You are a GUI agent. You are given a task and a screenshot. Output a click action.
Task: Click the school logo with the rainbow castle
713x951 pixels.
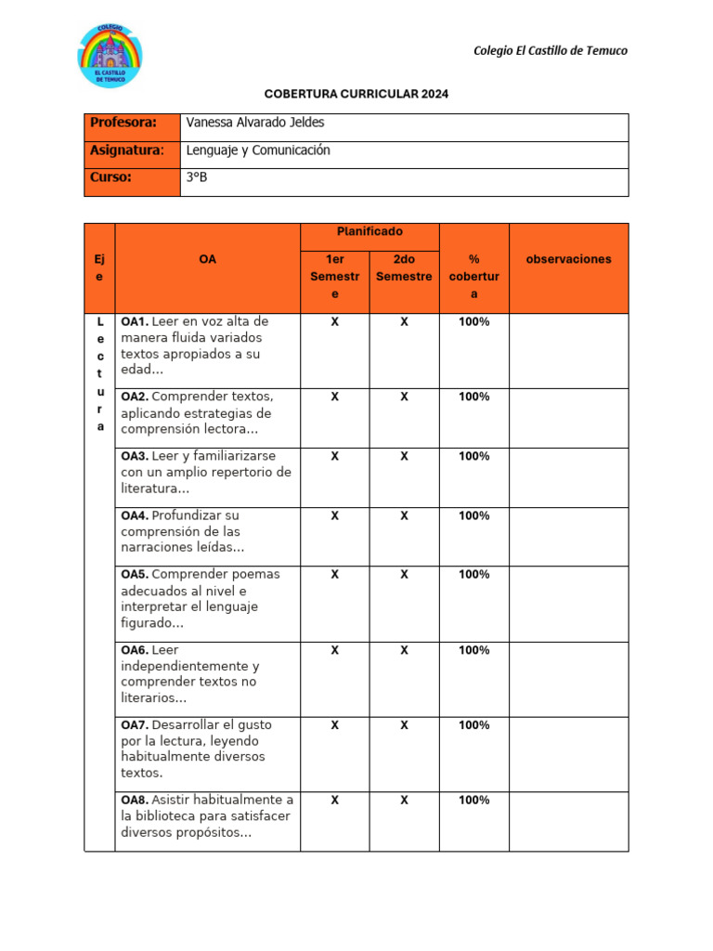click(x=110, y=56)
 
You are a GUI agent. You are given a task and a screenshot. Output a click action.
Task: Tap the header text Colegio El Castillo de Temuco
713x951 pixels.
click(x=550, y=50)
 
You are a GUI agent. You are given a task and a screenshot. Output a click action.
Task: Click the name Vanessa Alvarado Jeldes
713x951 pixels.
click(x=255, y=123)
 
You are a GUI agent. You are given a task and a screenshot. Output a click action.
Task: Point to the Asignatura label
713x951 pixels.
click(x=127, y=150)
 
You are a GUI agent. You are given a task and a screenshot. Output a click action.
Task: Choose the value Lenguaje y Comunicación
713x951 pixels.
click(x=258, y=150)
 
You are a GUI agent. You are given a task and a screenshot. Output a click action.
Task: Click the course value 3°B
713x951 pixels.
click(x=197, y=177)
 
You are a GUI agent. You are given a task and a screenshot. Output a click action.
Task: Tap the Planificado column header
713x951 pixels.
click(x=369, y=232)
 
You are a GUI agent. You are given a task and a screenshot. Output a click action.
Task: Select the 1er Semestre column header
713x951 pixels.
click(x=334, y=277)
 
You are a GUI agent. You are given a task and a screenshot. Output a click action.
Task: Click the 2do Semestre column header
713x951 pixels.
click(x=404, y=268)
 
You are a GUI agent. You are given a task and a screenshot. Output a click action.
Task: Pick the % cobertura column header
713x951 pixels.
click(x=473, y=277)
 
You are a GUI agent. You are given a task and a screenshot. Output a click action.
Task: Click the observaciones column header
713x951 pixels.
click(x=568, y=260)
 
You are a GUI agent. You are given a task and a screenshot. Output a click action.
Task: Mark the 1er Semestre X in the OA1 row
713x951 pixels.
click(x=334, y=321)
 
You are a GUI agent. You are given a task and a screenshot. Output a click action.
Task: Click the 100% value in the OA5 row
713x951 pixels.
click(x=473, y=575)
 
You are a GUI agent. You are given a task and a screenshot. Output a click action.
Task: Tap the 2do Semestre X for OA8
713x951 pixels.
click(x=404, y=800)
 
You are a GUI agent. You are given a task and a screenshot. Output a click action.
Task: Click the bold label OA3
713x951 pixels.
click(x=135, y=456)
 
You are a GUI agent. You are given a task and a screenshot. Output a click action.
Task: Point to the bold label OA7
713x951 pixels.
click(x=135, y=724)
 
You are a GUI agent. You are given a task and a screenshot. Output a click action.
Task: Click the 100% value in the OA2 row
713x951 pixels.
click(x=473, y=397)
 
